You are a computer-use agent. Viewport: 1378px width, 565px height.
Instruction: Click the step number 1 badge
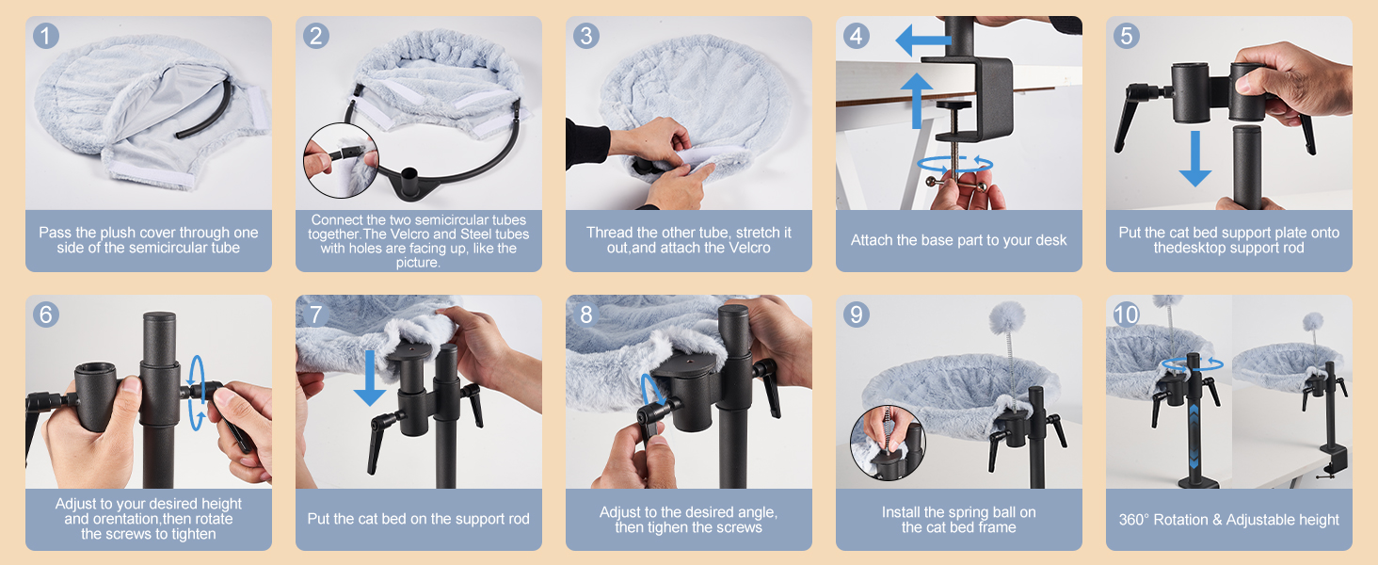(x=46, y=36)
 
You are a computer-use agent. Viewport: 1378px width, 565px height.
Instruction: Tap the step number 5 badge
(x=1127, y=36)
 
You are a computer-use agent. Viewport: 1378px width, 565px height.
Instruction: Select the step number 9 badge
(x=857, y=315)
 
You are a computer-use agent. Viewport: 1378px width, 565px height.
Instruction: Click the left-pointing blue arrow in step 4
(x=923, y=40)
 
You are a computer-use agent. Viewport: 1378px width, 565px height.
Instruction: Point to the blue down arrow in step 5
(x=1195, y=158)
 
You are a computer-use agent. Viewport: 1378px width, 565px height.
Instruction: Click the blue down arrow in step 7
(x=370, y=378)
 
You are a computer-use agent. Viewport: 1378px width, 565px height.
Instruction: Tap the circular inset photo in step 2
(x=341, y=161)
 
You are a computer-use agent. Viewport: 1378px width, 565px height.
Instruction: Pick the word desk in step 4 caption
(x=1051, y=240)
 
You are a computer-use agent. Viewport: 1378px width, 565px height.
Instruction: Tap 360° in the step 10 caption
(x=1133, y=520)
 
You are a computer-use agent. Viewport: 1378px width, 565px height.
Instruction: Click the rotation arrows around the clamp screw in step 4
(x=954, y=165)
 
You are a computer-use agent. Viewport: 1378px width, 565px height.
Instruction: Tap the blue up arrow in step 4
(x=917, y=101)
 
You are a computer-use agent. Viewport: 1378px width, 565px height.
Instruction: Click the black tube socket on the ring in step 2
(x=409, y=182)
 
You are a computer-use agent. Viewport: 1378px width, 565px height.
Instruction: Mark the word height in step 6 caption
(x=221, y=504)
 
